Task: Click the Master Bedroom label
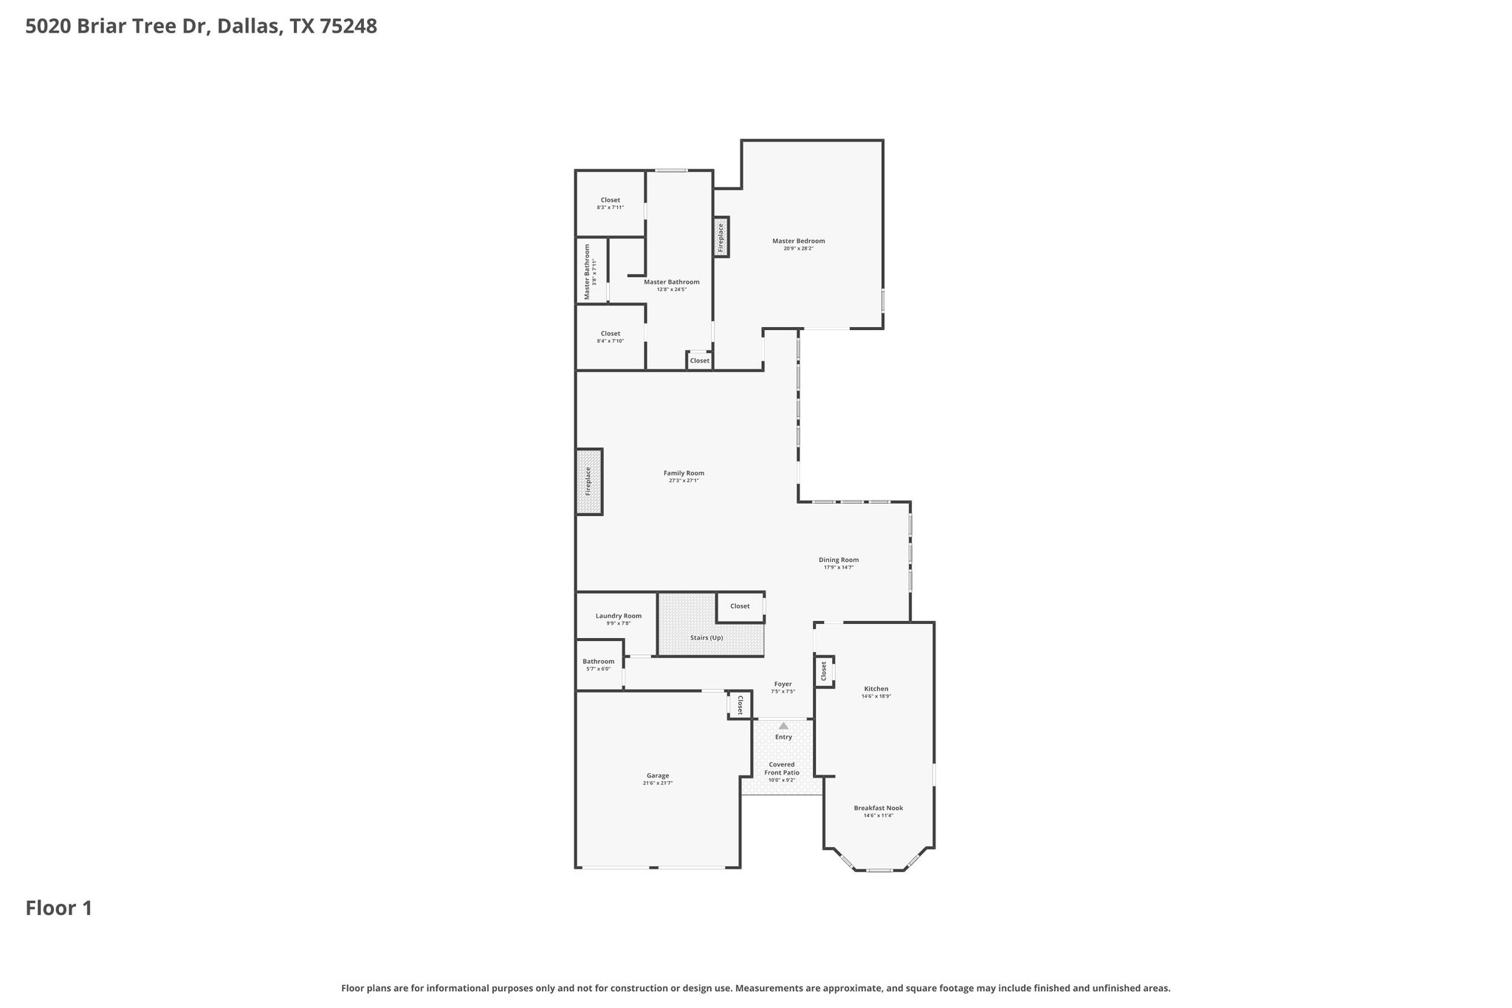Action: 798,241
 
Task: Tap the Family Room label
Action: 684,473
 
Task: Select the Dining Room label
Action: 838,560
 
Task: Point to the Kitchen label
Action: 876,689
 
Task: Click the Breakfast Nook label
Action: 878,808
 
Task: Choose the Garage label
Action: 657,775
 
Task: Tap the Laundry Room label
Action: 618,616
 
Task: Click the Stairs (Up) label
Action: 706,637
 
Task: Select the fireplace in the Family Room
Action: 589,481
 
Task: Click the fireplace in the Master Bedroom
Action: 721,237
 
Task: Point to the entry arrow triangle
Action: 783,726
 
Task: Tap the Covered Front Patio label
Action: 782,768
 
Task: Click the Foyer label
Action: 783,685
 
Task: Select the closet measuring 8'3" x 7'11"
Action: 610,200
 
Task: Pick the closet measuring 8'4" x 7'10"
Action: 610,334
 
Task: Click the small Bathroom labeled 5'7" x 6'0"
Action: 598,662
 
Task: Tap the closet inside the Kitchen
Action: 824,671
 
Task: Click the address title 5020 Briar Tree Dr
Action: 201,27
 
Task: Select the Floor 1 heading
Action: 59,908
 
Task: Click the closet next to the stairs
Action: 740,606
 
